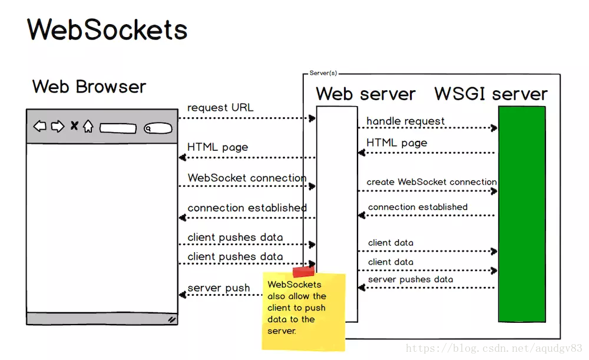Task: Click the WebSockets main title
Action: (x=107, y=29)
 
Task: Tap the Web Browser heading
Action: (x=89, y=87)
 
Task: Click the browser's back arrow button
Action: (x=39, y=126)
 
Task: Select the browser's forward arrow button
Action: (x=57, y=126)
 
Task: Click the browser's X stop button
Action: (x=74, y=125)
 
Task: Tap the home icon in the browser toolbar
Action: (x=88, y=126)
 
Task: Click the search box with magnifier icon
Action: (x=158, y=128)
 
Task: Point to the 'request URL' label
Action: (x=220, y=108)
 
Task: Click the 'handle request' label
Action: (x=406, y=121)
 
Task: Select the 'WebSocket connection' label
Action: (x=247, y=178)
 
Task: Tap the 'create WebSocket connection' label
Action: (x=431, y=182)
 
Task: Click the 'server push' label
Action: (x=219, y=288)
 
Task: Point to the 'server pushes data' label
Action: (x=411, y=279)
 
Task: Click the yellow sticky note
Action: (x=303, y=312)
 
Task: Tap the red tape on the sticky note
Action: (x=303, y=272)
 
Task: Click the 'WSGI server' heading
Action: (x=491, y=94)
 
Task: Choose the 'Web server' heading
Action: (x=365, y=94)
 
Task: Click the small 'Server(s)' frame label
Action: (x=323, y=73)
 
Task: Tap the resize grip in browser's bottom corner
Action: (x=171, y=319)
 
